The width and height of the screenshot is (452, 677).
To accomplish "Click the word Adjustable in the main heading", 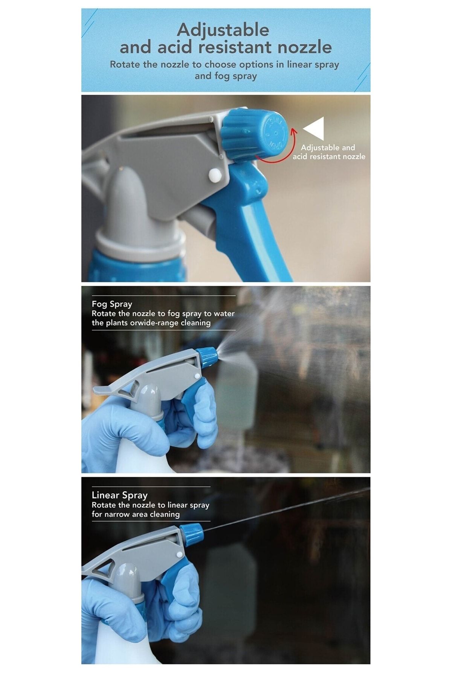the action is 223,30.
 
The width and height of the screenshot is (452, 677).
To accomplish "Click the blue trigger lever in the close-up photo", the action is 245,218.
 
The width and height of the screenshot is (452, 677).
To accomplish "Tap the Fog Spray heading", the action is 112,304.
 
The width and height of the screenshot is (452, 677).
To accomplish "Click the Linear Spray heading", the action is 119,495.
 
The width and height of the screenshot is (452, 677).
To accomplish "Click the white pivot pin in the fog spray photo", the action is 197,376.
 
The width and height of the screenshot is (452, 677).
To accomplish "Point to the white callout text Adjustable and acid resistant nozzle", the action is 329,152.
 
